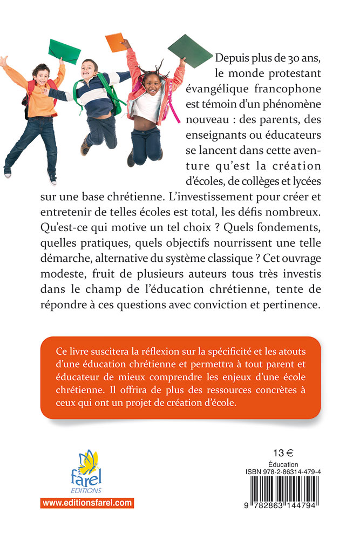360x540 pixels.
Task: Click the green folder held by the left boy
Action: [x=64, y=51]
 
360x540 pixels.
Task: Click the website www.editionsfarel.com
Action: [x=87, y=503]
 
